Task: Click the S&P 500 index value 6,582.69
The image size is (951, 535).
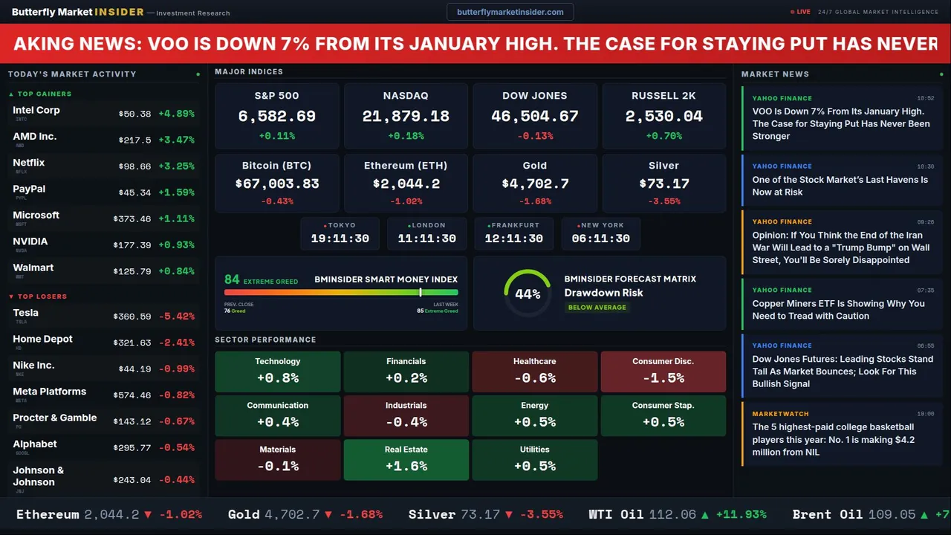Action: click(276, 117)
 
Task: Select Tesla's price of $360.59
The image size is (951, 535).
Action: click(134, 317)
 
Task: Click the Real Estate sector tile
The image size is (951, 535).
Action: click(406, 459)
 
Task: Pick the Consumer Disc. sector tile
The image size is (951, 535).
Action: click(663, 371)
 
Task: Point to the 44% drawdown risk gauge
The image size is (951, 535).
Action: click(528, 294)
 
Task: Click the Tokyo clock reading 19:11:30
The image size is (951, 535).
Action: click(340, 239)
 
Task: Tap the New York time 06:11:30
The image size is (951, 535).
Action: click(600, 239)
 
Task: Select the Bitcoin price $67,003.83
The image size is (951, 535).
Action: click(276, 184)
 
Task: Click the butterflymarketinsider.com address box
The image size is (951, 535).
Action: click(510, 12)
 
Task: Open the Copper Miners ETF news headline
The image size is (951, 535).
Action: click(838, 309)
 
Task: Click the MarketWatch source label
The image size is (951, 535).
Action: click(780, 414)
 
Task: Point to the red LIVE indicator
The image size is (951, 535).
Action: click(801, 12)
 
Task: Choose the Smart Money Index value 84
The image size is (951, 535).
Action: click(232, 279)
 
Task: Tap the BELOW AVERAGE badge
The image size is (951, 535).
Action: click(597, 307)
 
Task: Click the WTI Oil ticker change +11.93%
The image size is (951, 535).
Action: click(740, 514)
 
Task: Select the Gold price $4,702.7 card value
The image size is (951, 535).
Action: click(535, 184)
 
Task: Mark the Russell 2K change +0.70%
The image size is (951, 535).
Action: click(663, 136)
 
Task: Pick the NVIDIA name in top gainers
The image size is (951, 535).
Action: click(30, 241)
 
